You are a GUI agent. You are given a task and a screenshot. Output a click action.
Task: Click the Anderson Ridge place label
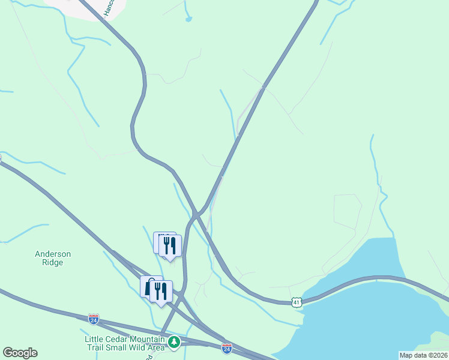(53, 258)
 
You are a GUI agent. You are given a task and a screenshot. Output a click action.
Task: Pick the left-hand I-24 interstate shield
(93, 320)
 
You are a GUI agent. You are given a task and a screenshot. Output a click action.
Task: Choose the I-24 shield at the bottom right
(227, 348)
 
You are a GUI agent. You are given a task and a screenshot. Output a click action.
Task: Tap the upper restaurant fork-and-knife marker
(169, 245)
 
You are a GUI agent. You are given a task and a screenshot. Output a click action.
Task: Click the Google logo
(20, 353)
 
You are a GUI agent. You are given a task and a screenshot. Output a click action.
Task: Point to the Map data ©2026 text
(423, 355)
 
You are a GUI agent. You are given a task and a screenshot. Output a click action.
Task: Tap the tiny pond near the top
(188, 19)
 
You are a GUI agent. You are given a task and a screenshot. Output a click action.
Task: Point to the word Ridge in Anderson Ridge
(53, 262)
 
